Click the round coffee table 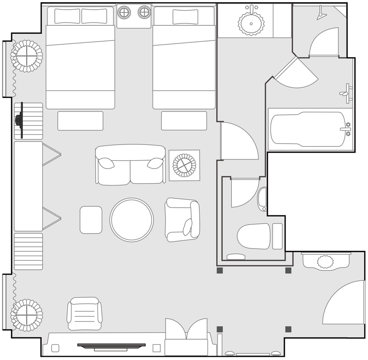tap(132, 220)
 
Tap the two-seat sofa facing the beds tap(130, 165)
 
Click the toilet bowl tap(253, 236)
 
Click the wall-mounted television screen tap(111, 344)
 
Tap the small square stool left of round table tap(91, 220)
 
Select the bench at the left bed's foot tap(80, 121)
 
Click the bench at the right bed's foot tap(184, 121)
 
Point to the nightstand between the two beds tap(134, 16)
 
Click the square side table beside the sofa tap(184, 165)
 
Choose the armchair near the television tap(85, 314)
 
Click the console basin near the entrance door tap(325, 261)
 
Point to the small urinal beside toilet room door tap(262, 198)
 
